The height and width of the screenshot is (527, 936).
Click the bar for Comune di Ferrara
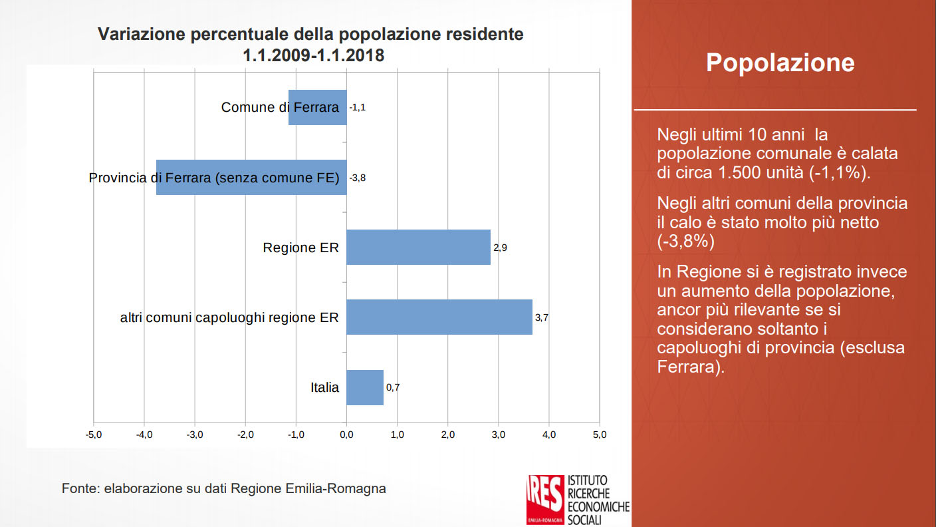coord(318,107)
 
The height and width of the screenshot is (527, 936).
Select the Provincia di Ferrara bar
coord(251,177)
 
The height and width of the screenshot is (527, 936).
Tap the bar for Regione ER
coord(418,248)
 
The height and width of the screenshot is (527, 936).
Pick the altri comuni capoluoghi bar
coord(439,317)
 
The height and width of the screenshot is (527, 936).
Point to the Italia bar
coord(365,387)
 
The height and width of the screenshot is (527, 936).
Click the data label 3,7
coord(541,317)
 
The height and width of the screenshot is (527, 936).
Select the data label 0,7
coord(392,387)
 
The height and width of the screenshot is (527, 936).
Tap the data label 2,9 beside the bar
coord(500,248)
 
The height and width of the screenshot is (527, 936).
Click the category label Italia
coord(324,387)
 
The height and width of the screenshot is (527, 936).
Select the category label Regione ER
coord(300,248)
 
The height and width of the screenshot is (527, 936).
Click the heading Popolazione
coord(780,63)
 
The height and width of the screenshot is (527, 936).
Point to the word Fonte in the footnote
coord(79,488)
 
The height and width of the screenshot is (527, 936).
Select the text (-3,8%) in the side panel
coord(685,241)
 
